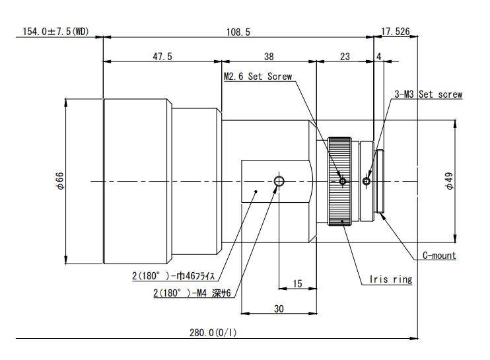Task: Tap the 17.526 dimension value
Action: coord(396,31)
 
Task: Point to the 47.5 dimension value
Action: coord(162,57)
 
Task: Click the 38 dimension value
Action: coord(269,57)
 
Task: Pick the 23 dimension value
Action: coord(344,57)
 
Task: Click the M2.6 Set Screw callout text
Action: coord(258,77)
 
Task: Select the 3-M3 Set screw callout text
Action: coord(429,94)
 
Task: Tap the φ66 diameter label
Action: coord(59,181)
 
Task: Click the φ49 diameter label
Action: coord(449,181)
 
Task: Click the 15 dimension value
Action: coord(297,283)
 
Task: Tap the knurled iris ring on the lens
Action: coord(341,181)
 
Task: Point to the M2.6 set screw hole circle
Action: coord(342,181)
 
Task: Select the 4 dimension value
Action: coord(378,57)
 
